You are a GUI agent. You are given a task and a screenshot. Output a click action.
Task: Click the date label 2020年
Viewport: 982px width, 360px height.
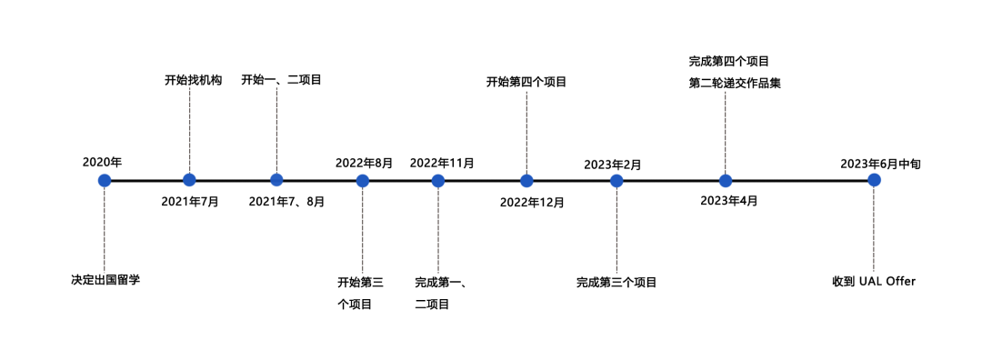tap(102, 162)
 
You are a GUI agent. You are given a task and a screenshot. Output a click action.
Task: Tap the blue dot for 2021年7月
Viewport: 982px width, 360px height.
tap(189, 180)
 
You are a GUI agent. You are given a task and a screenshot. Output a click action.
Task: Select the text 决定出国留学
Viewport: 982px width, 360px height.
tap(105, 280)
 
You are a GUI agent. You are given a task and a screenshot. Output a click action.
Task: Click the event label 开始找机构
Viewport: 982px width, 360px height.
tap(193, 80)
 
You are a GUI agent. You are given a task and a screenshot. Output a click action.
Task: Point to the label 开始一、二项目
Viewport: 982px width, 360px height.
tap(281, 80)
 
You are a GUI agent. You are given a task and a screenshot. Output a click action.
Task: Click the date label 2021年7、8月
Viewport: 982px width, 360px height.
tap(286, 202)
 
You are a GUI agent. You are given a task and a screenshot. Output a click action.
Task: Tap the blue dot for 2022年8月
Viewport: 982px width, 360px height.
tap(363, 180)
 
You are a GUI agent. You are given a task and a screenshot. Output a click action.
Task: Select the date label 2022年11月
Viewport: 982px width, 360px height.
tap(442, 163)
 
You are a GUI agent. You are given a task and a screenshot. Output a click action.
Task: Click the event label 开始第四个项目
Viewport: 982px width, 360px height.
tap(526, 82)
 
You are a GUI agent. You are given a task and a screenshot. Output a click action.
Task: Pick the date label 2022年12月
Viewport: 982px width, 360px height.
tap(532, 202)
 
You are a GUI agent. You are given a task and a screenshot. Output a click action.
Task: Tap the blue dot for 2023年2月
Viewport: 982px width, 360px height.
tap(616, 180)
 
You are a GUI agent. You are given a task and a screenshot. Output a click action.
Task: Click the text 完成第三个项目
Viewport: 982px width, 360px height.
tap(616, 283)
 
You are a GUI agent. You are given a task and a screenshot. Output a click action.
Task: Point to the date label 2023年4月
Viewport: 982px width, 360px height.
tap(729, 200)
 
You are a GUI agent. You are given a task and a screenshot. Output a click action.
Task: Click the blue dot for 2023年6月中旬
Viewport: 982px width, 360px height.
tap(874, 180)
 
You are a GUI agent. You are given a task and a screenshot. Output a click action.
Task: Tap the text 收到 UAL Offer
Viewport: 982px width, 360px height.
tap(874, 282)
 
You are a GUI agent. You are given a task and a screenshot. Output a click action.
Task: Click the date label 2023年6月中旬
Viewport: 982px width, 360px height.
tap(880, 164)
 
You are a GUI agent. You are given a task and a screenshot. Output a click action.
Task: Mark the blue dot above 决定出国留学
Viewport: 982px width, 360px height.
tap(105, 180)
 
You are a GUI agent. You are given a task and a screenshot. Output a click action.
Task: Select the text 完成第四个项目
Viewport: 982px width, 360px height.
tap(729, 62)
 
